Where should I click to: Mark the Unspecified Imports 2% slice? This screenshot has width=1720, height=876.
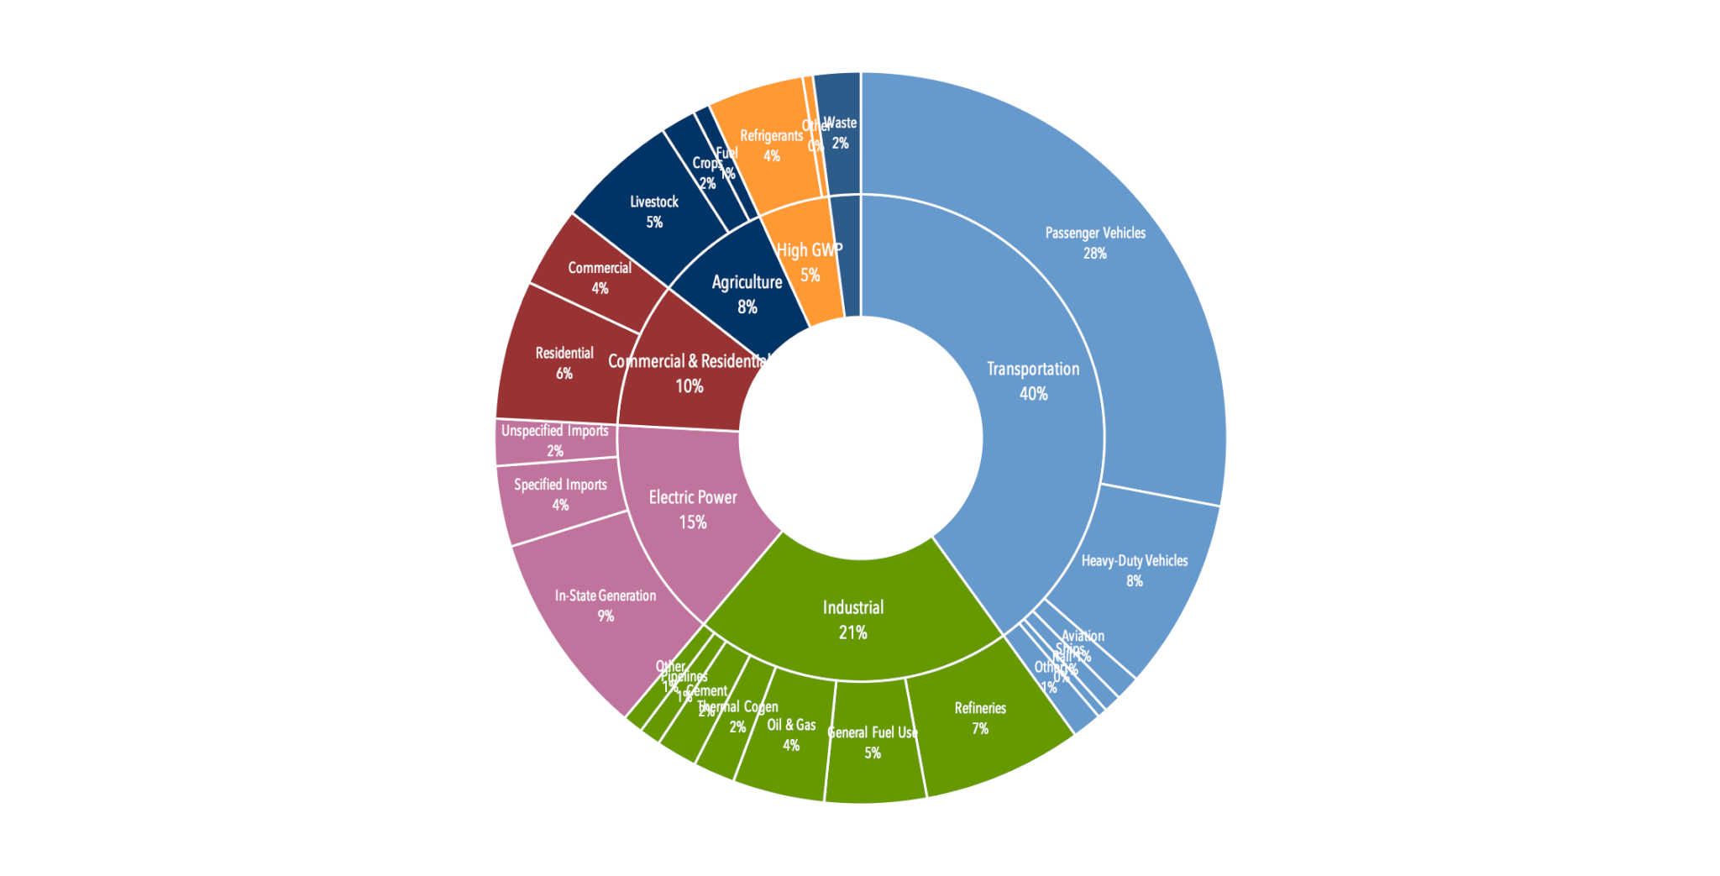554,442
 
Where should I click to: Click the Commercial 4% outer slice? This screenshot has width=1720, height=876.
598,277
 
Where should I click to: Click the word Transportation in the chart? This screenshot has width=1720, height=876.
1033,369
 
